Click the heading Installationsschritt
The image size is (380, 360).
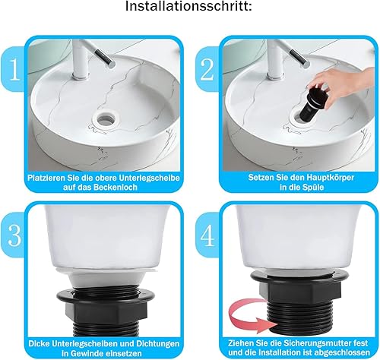189,6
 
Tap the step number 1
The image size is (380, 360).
14,70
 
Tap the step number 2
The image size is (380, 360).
207,70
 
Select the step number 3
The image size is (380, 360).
14,235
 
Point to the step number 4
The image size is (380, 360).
207,235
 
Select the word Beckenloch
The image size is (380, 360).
116,188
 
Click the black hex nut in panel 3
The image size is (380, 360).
106,310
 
